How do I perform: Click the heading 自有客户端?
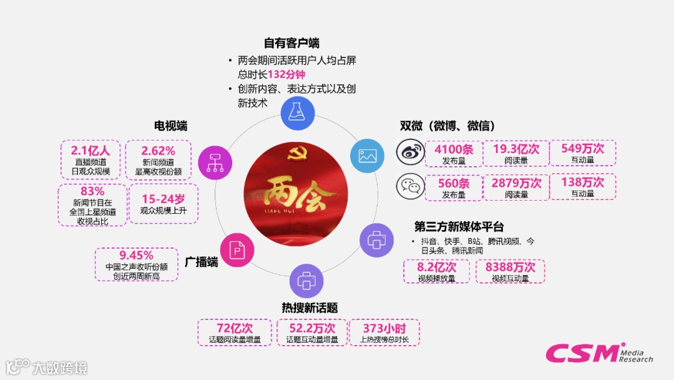coord(291,43)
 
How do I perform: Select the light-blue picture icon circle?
coord(368,156)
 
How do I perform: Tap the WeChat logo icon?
coord(409,186)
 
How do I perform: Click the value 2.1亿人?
coord(90,150)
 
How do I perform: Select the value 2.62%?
coord(158,150)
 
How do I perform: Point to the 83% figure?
coord(92,191)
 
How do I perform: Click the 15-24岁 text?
coord(163,199)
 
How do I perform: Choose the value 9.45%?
coord(136,255)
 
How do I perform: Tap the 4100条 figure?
coord(454,149)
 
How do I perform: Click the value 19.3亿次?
coord(516,149)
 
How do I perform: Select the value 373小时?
coord(384,328)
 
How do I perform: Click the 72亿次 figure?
coord(235,328)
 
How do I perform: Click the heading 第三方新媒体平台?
coord(459,226)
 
